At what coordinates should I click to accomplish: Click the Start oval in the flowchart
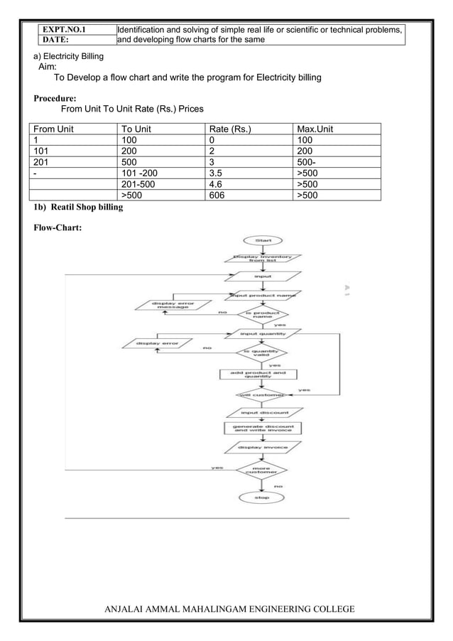click(263, 241)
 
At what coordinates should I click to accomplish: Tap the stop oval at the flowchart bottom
click(263, 498)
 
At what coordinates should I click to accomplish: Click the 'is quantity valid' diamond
click(263, 353)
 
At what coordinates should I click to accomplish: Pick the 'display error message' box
click(173, 306)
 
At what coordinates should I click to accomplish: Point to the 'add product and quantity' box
click(258, 374)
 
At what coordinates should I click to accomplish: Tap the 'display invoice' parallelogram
click(263, 448)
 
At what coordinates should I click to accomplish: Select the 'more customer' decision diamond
click(263, 470)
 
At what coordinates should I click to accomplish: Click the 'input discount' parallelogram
click(264, 412)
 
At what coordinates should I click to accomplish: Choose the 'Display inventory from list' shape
click(266, 258)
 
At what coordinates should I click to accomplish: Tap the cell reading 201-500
click(138, 184)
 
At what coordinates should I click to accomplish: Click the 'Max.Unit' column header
click(315, 129)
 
